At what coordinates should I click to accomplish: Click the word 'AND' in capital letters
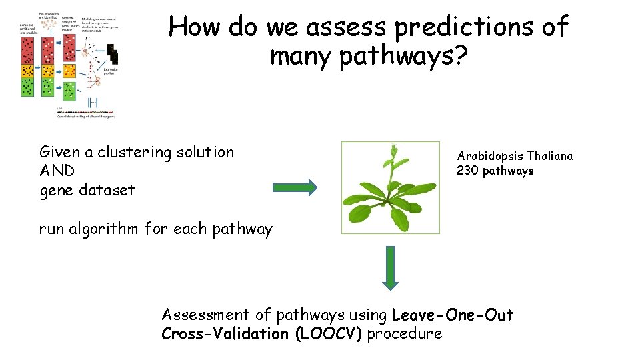tap(57, 171)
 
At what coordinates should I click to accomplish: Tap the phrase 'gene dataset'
tap(87, 190)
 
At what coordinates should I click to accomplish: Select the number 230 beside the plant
tap(467, 171)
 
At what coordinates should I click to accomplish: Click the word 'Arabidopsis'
tap(490, 156)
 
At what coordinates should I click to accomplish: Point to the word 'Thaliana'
tap(549, 156)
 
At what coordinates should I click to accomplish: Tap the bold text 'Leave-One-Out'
tap(453, 314)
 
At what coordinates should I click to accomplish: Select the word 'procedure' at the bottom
tap(405, 333)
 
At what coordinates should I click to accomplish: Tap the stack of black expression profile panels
tap(111, 55)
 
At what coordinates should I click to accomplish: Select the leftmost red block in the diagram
tap(27, 50)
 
